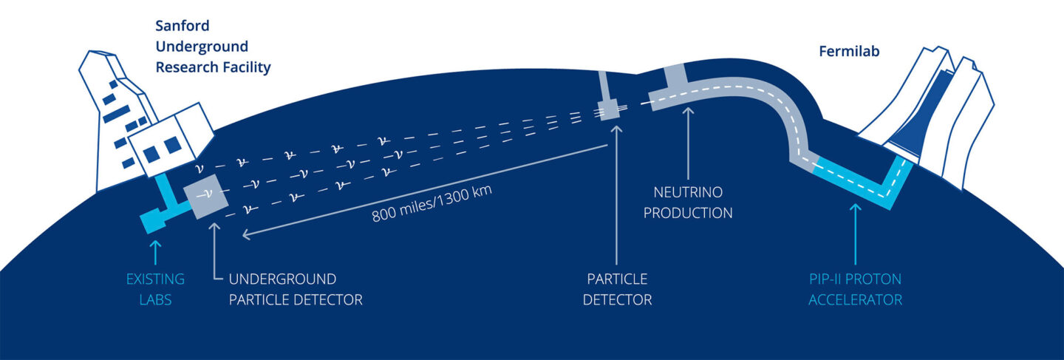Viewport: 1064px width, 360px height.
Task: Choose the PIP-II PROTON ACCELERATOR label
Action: coord(855,290)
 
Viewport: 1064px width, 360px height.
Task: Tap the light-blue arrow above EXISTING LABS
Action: coord(154,251)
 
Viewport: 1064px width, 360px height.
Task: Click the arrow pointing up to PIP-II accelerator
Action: coord(855,233)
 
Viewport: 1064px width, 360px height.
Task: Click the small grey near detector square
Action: coord(611,110)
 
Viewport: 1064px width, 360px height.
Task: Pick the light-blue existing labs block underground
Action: coord(153,220)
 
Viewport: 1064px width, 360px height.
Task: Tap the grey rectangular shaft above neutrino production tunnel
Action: coord(675,77)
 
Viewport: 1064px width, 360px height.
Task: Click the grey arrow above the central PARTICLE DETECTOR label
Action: coord(614,192)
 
